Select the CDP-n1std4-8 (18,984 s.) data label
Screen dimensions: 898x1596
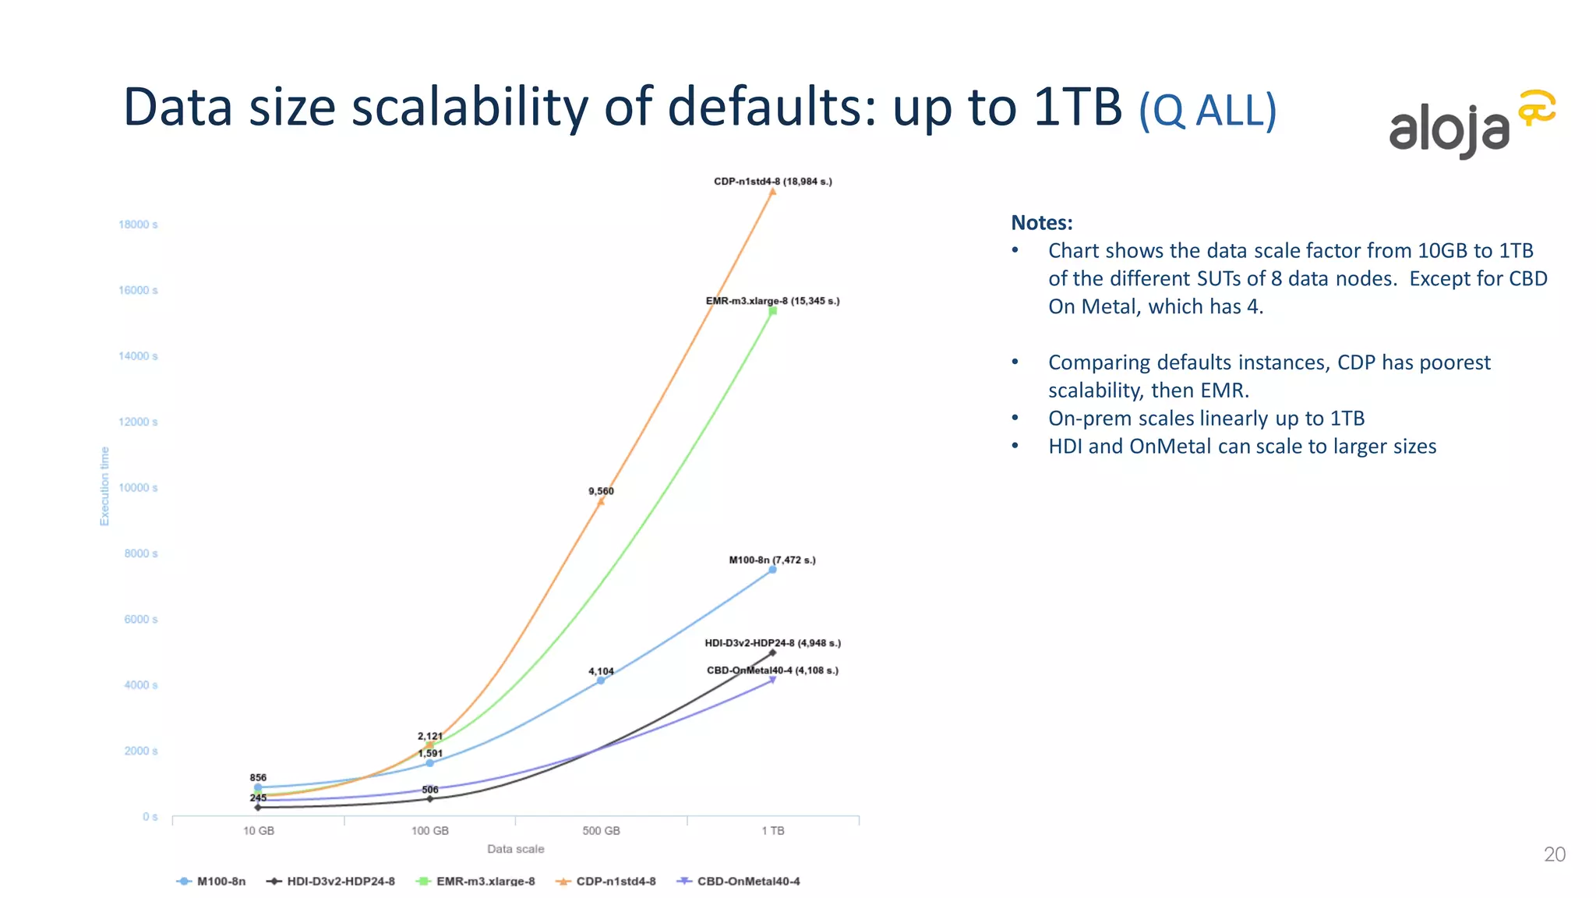point(772,182)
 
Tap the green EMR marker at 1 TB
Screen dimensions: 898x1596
point(772,311)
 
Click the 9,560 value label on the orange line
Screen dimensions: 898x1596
point(601,491)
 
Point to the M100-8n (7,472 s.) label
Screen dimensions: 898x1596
point(772,560)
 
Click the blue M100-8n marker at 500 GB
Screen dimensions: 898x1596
point(601,681)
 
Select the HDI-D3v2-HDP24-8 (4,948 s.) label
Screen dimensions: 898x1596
point(772,643)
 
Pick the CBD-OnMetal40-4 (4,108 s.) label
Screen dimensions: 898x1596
point(772,670)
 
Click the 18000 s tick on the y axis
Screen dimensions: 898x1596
point(138,224)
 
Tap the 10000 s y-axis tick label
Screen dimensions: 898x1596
point(138,488)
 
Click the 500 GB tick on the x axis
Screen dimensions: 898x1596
point(601,831)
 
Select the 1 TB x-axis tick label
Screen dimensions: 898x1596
point(772,831)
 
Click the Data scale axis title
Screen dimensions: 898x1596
point(515,849)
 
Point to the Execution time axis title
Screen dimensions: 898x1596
point(104,486)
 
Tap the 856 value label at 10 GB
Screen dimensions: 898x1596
point(258,778)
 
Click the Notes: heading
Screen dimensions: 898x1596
point(1041,223)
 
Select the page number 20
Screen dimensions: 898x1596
point(1554,854)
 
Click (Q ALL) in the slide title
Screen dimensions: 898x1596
point(1207,111)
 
